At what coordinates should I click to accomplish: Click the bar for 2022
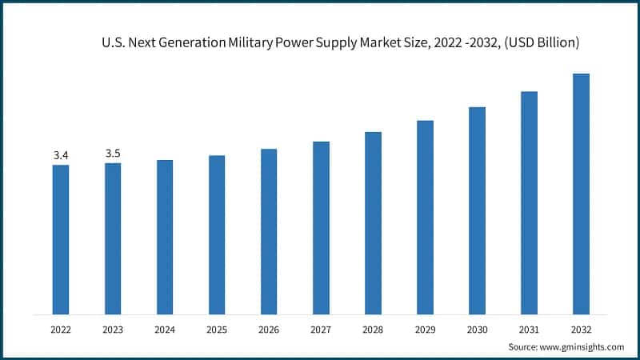click(61, 239)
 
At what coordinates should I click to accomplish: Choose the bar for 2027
click(321, 227)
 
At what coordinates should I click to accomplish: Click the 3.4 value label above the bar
click(61, 155)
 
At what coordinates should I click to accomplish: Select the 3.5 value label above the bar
click(113, 153)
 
